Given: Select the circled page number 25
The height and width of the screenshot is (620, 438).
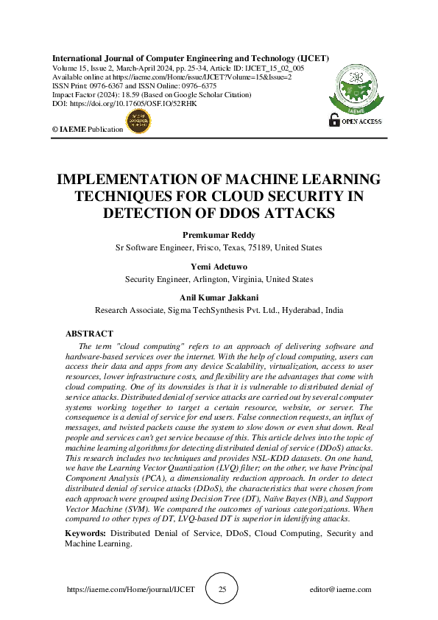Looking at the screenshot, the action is point(222,590).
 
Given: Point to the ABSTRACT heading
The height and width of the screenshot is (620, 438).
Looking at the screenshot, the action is point(89,334).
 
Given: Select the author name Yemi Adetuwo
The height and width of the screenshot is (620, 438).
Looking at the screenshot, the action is point(219,267).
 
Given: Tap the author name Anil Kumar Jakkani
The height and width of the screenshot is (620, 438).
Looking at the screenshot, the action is point(219,297).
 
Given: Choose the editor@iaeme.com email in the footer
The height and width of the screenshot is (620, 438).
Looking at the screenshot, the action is point(340,590).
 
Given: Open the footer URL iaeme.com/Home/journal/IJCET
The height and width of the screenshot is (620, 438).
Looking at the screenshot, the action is point(131,590).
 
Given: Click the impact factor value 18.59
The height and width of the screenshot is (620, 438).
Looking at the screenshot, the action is point(120,94).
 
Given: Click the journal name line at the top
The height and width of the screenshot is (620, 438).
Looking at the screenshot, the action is point(190,57).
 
